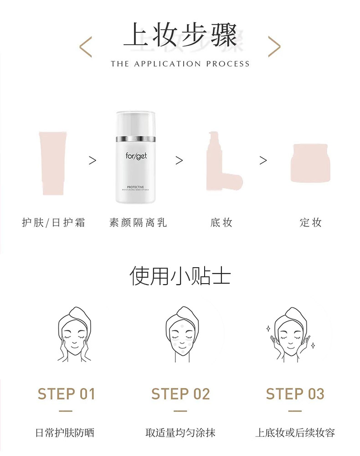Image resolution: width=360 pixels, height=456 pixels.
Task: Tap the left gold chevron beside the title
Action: pos(86,47)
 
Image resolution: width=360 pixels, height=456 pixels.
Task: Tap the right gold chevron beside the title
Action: pos(274,47)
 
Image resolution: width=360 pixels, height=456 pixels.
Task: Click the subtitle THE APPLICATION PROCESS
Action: pos(180,64)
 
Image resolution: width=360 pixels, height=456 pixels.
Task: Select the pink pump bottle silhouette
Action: pos(221,162)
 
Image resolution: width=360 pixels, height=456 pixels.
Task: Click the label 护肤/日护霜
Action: pos(54,223)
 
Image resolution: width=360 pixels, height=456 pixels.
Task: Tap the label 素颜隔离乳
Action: pos(138,223)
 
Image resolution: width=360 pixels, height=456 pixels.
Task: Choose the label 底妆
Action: pos(221,223)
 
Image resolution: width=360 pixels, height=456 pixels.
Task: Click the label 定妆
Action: pos(311,223)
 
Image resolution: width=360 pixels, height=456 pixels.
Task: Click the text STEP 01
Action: pos(66,394)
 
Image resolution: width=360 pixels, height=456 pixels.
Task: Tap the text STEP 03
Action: pos(295,394)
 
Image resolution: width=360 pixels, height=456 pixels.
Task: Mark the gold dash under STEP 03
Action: pos(295,411)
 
